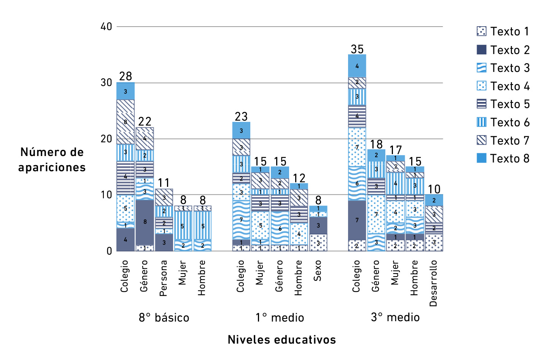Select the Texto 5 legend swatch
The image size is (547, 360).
[482, 104]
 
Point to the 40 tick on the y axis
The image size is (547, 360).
[107, 27]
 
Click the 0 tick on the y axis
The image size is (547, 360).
[110, 251]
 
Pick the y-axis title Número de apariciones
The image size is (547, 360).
[52, 160]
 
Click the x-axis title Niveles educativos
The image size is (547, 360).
[281, 340]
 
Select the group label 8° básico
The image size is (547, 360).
[164, 318]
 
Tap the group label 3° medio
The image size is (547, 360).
[395, 317]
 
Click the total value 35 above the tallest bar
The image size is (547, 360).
[357, 49]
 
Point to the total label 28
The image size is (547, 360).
[126, 76]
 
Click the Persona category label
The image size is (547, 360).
[164, 278]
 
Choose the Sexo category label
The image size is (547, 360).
[318, 271]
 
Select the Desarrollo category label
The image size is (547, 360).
[433, 283]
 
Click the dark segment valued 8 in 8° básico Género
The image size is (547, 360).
[145, 222]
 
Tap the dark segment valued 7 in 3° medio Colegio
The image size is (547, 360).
[357, 220]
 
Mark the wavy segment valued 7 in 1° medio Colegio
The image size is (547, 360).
[241, 220]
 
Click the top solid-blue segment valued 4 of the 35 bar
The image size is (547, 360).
[357, 66]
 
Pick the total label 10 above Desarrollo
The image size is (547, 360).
[434, 189]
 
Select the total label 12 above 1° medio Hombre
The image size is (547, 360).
[299, 178]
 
